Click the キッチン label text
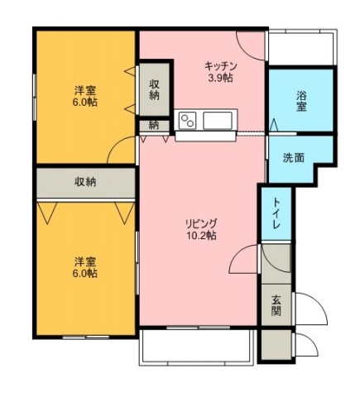pos(221,66)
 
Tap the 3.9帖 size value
pos(220,79)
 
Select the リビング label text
pos(201,222)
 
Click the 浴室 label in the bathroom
pos(301,101)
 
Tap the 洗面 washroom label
pos(294,158)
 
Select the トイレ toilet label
pos(276,213)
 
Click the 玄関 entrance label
pos(276,305)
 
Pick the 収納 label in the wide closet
pos(85,182)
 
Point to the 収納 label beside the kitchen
pos(155,89)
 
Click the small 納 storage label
pos(154,126)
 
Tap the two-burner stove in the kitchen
pos(187,121)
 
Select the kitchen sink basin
pos(218,121)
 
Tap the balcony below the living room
pos(196,347)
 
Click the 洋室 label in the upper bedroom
pos(85,90)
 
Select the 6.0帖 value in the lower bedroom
pos(85,273)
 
